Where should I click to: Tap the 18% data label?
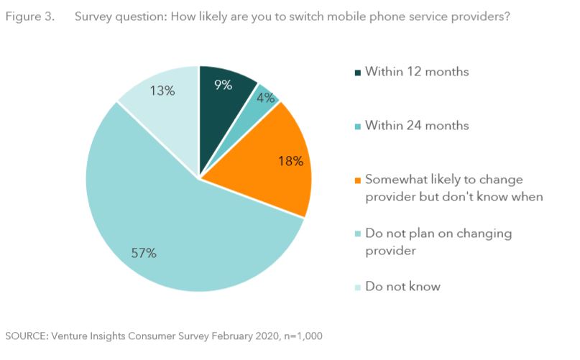tap(290, 161)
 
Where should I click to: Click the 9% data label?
tap(223, 85)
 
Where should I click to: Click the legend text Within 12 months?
tap(417, 72)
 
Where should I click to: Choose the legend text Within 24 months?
tap(417, 126)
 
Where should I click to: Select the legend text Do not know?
tap(402, 286)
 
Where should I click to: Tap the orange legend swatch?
tap(357, 180)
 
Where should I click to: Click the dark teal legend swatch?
tap(357, 73)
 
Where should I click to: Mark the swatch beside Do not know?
tap(357, 287)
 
